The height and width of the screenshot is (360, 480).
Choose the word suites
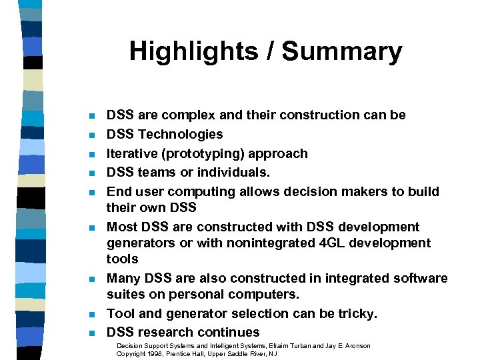(125, 295)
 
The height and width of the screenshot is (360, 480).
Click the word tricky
(357, 313)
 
